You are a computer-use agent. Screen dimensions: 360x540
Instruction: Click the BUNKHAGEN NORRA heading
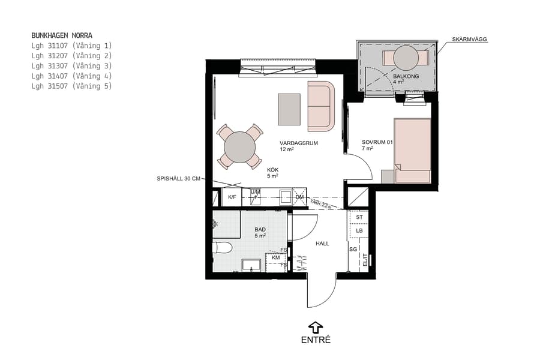62,35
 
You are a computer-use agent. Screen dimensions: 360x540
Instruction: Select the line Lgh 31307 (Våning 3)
71,66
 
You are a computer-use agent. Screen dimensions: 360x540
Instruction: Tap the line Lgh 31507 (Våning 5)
71,86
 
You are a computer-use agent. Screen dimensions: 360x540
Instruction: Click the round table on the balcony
406,58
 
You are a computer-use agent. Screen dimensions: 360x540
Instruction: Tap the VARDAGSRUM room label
298,144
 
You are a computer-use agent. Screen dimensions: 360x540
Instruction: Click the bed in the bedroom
413,150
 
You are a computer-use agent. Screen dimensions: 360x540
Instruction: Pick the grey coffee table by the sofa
289,109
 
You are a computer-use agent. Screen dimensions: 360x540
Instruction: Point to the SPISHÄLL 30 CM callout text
178,179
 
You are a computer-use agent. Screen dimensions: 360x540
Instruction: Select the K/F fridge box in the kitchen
232,197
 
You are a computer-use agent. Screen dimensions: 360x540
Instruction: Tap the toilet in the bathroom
224,247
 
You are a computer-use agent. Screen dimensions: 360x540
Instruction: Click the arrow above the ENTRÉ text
315,327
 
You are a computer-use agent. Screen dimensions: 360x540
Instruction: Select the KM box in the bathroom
275,258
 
